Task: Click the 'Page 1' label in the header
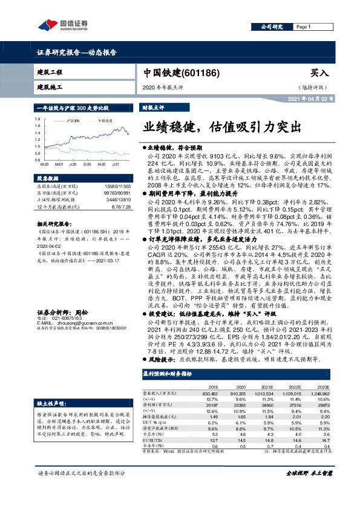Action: [x=304, y=28]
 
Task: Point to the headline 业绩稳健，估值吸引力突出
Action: [x=221, y=128]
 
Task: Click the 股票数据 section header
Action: [x=48, y=178]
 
